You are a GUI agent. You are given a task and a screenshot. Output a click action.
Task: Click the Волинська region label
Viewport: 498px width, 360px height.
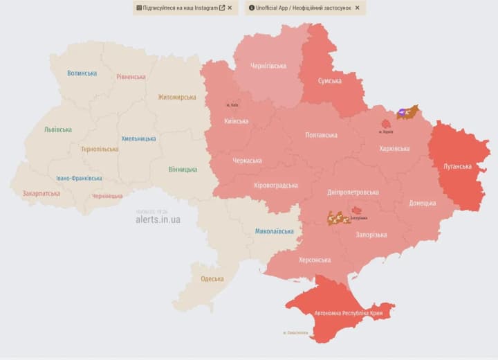click(x=82, y=73)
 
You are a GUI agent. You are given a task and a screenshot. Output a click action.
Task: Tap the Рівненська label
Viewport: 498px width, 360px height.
click(x=131, y=77)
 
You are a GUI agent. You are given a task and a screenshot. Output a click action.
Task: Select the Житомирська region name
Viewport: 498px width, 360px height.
click(x=177, y=97)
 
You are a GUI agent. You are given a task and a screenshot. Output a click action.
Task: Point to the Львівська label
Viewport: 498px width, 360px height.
click(x=57, y=129)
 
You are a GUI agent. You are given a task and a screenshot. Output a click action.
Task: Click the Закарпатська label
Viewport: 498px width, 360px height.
click(x=41, y=194)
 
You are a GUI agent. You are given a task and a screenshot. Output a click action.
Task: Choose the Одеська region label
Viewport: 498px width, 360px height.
click(x=212, y=278)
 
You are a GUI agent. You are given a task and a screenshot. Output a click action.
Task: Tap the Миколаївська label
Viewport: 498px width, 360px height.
click(x=274, y=231)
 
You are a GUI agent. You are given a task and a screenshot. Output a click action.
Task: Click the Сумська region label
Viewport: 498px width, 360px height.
click(x=329, y=81)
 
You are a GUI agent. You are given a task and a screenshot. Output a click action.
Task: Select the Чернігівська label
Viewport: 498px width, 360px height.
click(x=268, y=66)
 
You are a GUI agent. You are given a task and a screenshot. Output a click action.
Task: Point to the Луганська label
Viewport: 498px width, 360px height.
click(x=457, y=166)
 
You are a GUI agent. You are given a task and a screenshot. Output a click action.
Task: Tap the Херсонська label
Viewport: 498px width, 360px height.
click(x=314, y=260)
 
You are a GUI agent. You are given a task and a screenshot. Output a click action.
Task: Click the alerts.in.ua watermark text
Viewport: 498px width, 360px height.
click(x=158, y=219)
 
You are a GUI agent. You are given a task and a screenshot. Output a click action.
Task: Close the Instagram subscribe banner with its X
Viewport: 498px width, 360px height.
click(x=230, y=8)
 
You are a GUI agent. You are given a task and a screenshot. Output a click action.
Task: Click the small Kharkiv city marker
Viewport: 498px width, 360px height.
click(x=386, y=123)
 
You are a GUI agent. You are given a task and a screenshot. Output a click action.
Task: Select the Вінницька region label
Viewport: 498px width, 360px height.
click(x=183, y=169)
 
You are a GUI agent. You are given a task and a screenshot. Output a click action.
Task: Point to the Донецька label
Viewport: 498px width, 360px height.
click(x=422, y=203)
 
